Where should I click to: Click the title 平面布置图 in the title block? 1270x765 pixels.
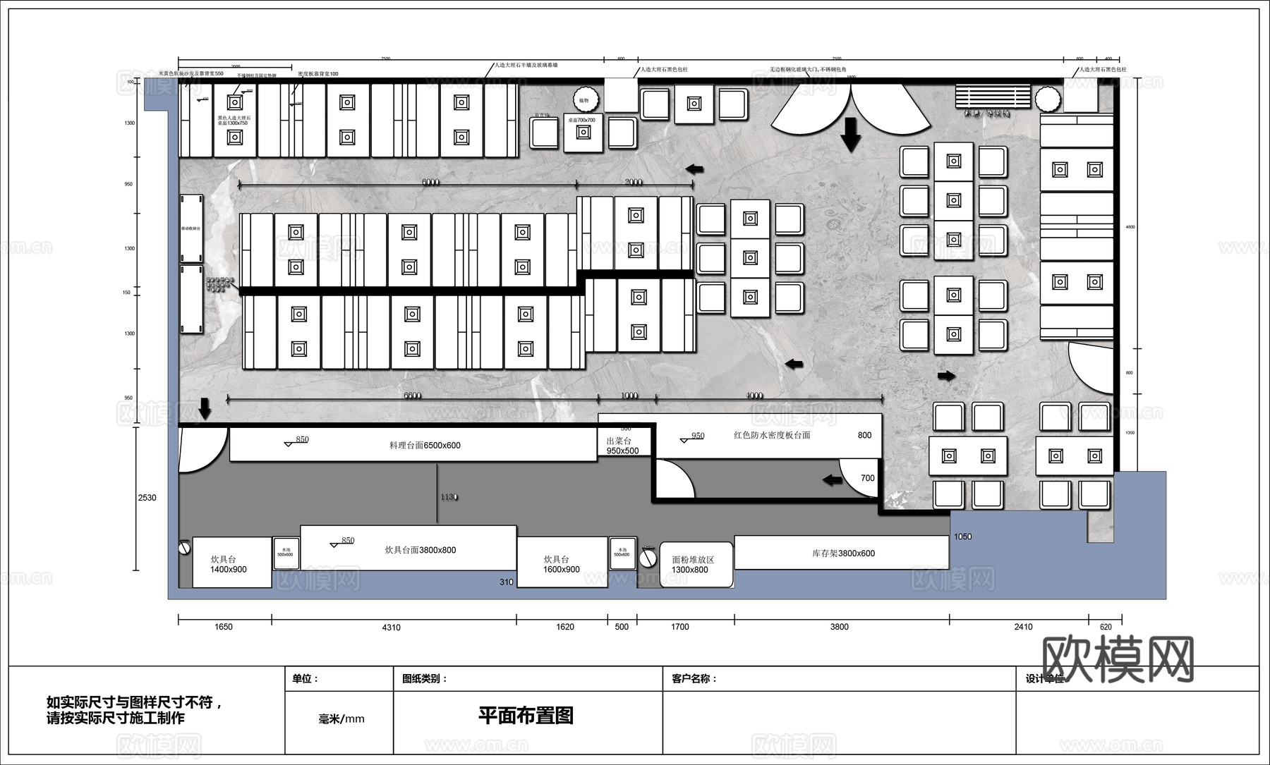[526, 715]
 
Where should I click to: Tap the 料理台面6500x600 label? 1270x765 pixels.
[425, 446]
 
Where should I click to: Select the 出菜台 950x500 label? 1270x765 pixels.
[622, 446]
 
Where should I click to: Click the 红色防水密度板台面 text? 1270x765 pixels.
[772, 435]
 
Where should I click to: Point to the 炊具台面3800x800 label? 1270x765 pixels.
[420, 550]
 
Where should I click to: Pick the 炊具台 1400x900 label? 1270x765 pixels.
[228, 564]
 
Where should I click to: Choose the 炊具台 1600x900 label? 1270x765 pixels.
[561, 564]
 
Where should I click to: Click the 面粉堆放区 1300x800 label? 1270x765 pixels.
[692, 565]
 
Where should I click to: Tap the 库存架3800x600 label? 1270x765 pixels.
[843, 553]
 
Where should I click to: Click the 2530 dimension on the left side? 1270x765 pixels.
[147, 498]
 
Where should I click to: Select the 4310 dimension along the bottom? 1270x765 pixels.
[391, 627]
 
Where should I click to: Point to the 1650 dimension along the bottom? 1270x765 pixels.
[223, 627]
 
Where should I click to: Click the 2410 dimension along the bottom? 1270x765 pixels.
[1023, 627]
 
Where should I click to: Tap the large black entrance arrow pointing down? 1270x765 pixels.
[851, 134]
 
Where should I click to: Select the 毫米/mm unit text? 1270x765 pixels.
[341, 719]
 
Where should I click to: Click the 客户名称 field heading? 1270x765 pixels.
[694, 679]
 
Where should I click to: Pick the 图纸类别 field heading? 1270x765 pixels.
[425, 679]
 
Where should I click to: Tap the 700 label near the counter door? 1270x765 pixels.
[868, 478]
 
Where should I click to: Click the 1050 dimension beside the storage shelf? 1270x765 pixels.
[962, 537]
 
